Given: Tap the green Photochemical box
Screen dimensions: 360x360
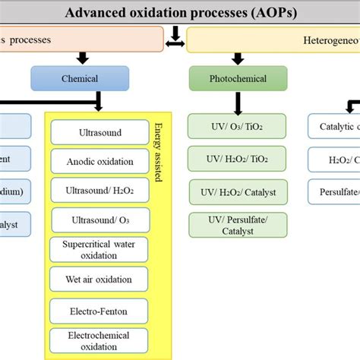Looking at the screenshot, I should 238,77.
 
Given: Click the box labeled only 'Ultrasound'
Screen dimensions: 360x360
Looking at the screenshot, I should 100,132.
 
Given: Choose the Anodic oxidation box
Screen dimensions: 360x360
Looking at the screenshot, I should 100,161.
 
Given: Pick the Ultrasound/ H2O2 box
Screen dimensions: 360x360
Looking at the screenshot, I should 100,191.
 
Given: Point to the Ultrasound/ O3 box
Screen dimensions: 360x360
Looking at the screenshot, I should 100,220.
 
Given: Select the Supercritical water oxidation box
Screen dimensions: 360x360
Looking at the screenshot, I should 100,249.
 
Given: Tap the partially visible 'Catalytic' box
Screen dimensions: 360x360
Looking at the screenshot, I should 334,126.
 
